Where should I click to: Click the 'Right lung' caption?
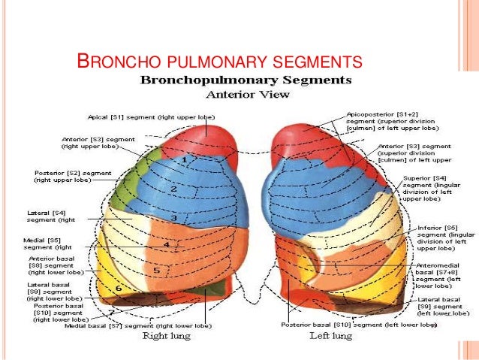(x=167, y=336)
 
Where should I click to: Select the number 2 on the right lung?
(x=174, y=189)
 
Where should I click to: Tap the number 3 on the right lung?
(x=173, y=218)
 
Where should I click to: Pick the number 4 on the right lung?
(x=166, y=245)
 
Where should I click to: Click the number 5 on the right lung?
(x=156, y=271)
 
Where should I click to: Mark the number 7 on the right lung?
(x=112, y=310)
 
